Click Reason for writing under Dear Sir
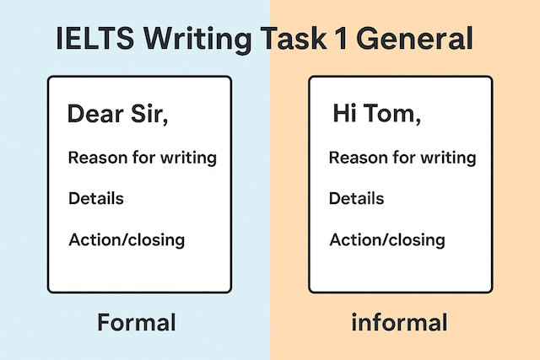pos(142,158)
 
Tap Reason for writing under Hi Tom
pos(402,158)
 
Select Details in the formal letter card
pos(95,199)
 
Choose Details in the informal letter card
pos(356,199)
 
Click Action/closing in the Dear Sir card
pos(126,240)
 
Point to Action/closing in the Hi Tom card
pos(386,240)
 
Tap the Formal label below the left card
pos(136,322)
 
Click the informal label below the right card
pos(401,322)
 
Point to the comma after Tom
pos(418,121)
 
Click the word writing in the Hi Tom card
pos(449,159)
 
